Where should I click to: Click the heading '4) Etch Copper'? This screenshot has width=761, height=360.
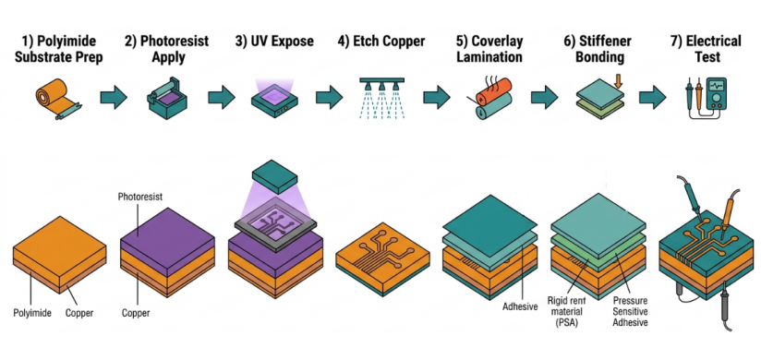[x=381, y=41]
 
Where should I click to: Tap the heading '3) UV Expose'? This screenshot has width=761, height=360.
[x=274, y=41]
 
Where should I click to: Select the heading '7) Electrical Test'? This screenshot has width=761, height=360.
[x=707, y=49]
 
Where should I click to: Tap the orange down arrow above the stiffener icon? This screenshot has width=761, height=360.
[x=618, y=80]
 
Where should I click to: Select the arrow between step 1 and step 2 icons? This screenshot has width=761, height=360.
[x=114, y=98]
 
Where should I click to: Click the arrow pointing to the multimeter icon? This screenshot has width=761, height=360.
[x=652, y=98]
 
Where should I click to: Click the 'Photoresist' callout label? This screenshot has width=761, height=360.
[x=139, y=197]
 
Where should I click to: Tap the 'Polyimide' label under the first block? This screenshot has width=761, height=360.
[x=32, y=313]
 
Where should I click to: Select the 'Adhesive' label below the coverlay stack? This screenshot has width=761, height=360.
[x=521, y=306]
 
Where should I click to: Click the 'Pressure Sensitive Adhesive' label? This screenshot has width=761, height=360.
[x=630, y=311]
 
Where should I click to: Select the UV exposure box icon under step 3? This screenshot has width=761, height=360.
[x=274, y=99]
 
